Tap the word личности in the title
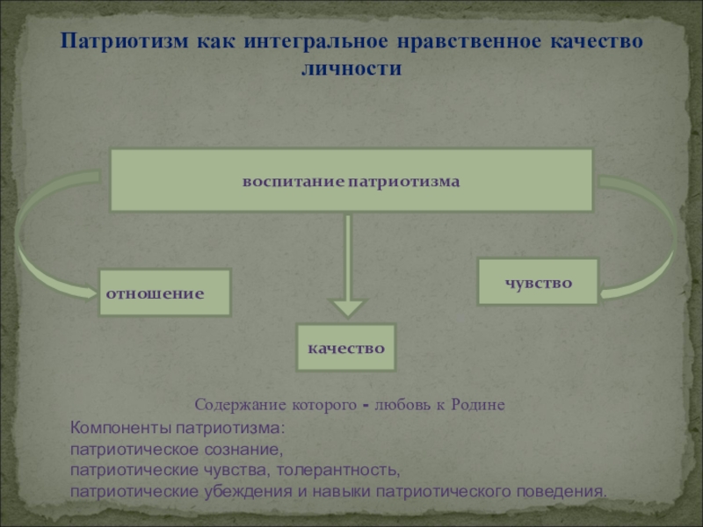pyautogui.click(x=351, y=69)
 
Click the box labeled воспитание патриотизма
pyautogui.click(x=351, y=180)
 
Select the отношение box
pyautogui.click(x=164, y=292)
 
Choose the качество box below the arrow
pyautogui.click(x=346, y=348)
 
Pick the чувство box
pyautogui.click(x=538, y=282)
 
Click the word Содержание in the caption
pyautogui.click(x=234, y=406)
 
